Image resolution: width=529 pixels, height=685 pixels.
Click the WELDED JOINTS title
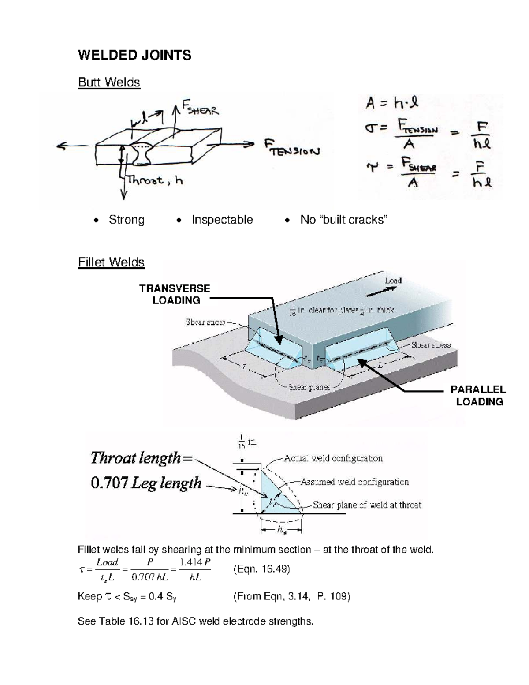click(x=134, y=55)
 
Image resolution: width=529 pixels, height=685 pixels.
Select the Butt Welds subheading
click(x=109, y=82)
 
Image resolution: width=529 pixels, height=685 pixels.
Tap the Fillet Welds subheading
click(x=111, y=262)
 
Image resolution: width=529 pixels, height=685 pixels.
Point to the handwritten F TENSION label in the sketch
click(x=292, y=148)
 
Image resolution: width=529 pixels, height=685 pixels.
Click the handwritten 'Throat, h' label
click(x=155, y=180)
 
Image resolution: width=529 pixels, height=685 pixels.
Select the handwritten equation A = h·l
click(x=391, y=103)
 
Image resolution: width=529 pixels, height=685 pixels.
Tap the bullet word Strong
click(x=127, y=220)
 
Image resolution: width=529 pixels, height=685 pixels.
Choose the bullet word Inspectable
click(x=222, y=220)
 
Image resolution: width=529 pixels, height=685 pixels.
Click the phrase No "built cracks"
click(x=344, y=220)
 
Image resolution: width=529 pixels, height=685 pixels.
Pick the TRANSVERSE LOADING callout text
click(x=175, y=294)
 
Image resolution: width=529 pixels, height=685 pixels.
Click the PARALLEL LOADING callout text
click(x=478, y=396)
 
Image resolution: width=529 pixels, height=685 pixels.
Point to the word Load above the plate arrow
click(x=393, y=281)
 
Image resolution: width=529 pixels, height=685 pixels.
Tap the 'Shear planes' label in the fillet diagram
click(x=309, y=387)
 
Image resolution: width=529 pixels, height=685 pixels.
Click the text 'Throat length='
click(x=142, y=458)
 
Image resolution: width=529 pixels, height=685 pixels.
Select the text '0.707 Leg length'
click(x=146, y=483)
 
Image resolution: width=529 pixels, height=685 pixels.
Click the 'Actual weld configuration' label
click(x=333, y=458)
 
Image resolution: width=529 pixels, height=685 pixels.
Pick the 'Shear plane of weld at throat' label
click(x=367, y=505)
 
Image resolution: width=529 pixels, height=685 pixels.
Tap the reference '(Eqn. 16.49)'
click(x=261, y=569)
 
